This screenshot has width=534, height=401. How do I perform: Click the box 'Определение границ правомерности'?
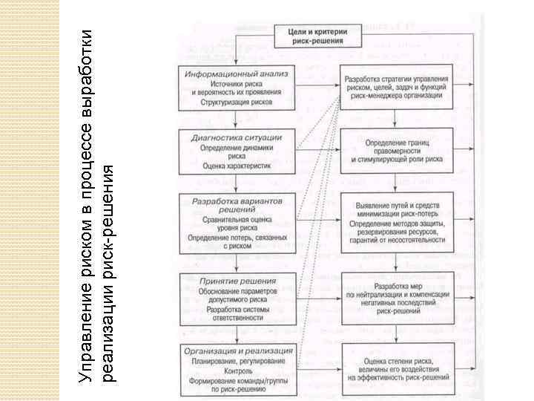(398, 149)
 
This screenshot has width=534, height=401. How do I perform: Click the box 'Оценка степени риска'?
(398, 369)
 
